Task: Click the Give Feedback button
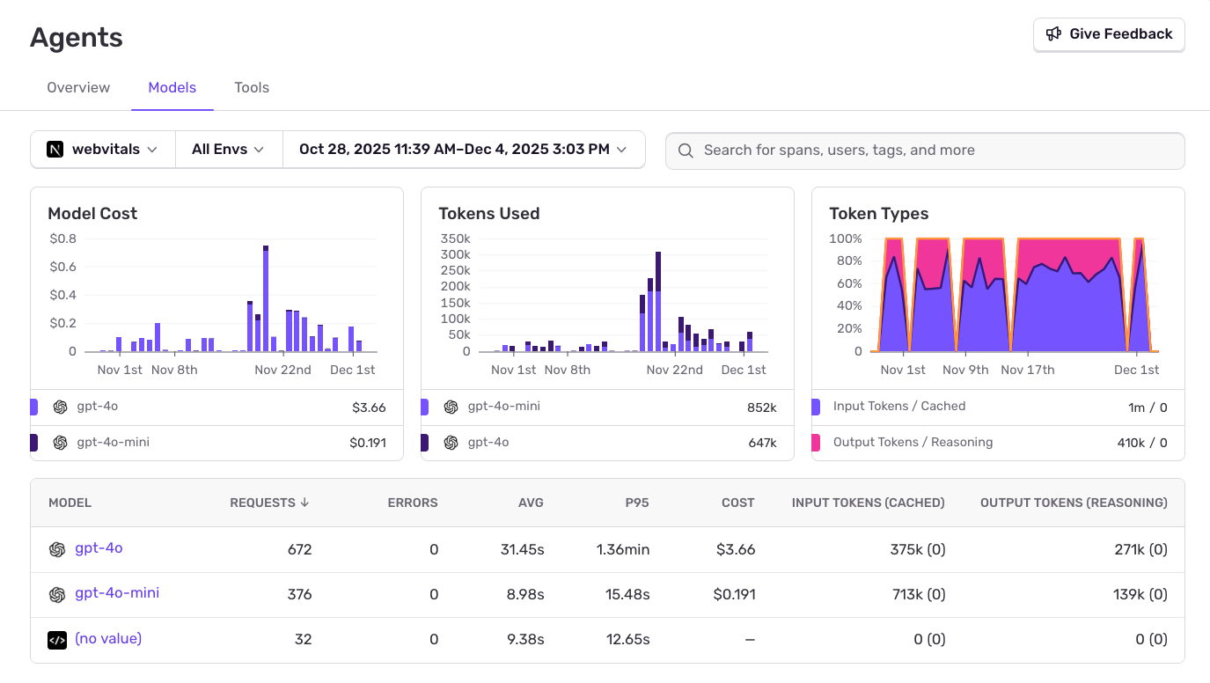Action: pyautogui.click(x=1109, y=34)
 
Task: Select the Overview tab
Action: pyautogui.click(x=78, y=88)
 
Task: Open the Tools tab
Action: pyautogui.click(x=252, y=88)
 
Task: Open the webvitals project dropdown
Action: pyautogui.click(x=103, y=150)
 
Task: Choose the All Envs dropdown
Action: pyautogui.click(x=228, y=150)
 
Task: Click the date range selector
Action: pyautogui.click(x=463, y=150)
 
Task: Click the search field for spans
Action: pyautogui.click(x=924, y=151)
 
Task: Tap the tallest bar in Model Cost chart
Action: pyautogui.click(x=266, y=299)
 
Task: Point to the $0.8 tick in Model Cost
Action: pyautogui.click(x=62, y=239)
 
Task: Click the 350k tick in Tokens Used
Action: pyautogui.click(x=455, y=239)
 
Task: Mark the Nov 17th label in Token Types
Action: pyautogui.click(x=1028, y=370)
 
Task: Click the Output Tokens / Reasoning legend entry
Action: pyautogui.click(x=913, y=442)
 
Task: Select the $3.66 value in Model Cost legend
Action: pyautogui.click(x=369, y=408)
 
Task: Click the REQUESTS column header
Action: pyautogui.click(x=268, y=503)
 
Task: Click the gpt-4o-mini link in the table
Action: pyautogui.click(x=117, y=593)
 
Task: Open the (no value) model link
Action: pyautogui.click(x=108, y=639)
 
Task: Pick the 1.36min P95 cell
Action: pyautogui.click(x=623, y=549)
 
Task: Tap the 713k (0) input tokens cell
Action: pyautogui.click(x=917, y=594)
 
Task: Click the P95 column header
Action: pyautogui.click(x=635, y=503)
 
